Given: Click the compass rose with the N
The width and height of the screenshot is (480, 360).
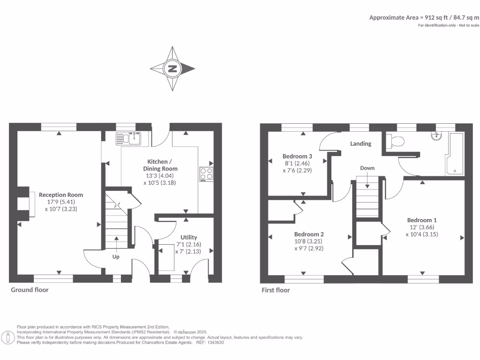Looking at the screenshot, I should [172, 69].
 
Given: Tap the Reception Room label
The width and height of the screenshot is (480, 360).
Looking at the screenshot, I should [61, 195].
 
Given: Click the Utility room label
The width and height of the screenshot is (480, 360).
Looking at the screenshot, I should [189, 237].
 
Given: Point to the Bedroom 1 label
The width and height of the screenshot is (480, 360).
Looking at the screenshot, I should [422, 220].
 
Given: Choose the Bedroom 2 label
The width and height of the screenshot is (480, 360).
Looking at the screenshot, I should [309, 234].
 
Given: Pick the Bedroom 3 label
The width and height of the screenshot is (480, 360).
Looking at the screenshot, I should [297, 156].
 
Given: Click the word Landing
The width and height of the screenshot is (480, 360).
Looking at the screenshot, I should [360, 144].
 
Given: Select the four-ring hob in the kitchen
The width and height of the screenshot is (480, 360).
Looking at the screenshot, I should [206, 174].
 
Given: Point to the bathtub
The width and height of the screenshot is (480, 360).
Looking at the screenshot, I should [455, 154].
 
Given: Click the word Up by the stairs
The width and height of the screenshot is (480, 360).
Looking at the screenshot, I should [116, 257].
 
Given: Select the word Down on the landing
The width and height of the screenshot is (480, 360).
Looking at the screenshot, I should [367, 168].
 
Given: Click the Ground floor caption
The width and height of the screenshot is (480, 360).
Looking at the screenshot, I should [30, 290].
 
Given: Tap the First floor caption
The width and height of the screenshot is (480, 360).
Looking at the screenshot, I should [276, 290].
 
